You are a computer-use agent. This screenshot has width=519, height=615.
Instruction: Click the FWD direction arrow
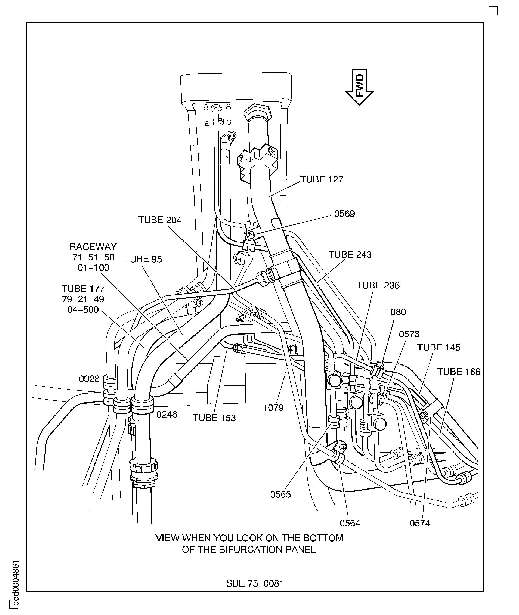pyautogui.click(x=359, y=87)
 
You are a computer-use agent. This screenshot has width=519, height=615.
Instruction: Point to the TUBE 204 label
pyautogui.click(x=160, y=220)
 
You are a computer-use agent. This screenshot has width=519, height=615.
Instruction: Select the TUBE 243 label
pyautogui.click(x=350, y=254)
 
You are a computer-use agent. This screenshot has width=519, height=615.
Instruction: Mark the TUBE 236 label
pyautogui.click(x=378, y=285)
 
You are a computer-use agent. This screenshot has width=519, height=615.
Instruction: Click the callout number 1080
pyautogui.click(x=396, y=312)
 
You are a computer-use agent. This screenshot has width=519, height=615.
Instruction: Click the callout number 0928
pyautogui.click(x=89, y=379)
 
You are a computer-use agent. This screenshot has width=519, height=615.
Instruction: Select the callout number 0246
pyautogui.click(x=167, y=415)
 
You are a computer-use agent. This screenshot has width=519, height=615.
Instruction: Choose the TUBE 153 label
pyautogui.click(x=214, y=418)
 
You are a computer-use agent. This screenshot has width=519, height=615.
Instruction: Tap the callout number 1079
pyautogui.click(x=273, y=408)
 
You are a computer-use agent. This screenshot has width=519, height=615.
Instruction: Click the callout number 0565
pyautogui.click(x=280, y=495)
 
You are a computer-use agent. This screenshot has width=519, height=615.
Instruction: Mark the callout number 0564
pyautogui.click(x=350, y=523)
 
